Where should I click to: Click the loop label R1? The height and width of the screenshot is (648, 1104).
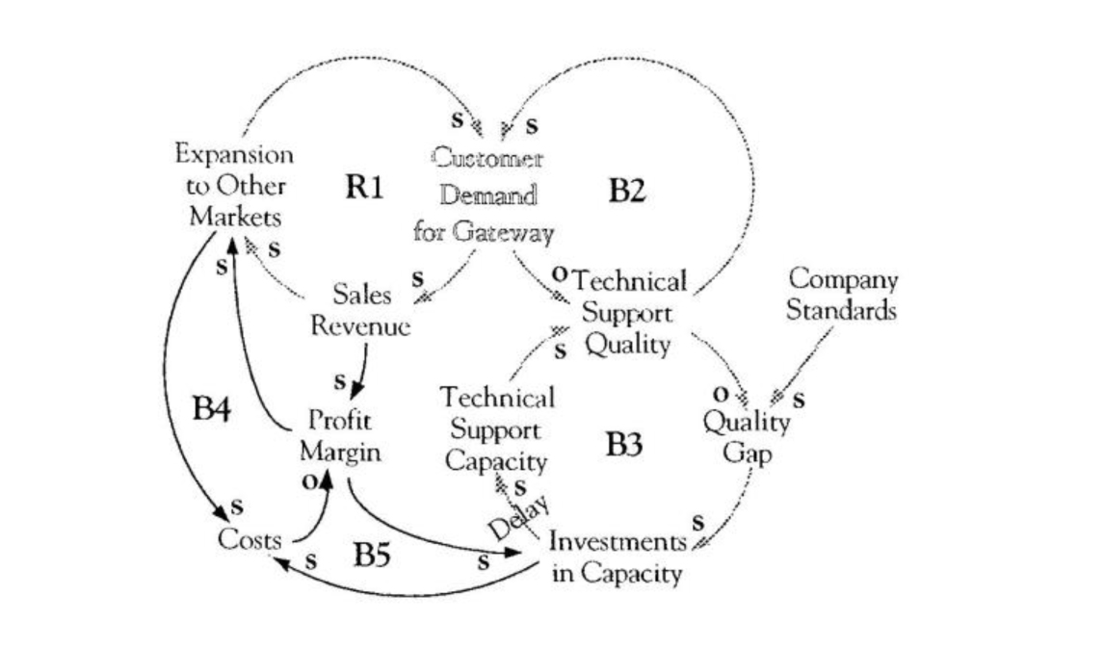tap(364, 188)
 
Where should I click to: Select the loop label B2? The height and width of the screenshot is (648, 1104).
tap(626, 192)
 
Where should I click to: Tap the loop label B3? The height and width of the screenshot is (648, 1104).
tap(625, 445)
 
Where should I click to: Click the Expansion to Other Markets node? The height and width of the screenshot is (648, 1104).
tap(235, 185)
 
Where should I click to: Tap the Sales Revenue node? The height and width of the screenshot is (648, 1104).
tap(360, 309)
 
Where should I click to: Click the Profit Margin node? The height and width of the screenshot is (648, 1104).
tap(339, 435)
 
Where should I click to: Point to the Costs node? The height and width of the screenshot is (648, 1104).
tap(250, 539)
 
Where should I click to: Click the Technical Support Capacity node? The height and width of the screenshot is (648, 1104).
tap(497, 428)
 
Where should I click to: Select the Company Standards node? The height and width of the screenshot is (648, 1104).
tap(842, 296)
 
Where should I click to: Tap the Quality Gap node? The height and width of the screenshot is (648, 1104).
tap(747, 436)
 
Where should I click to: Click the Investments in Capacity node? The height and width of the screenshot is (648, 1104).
tap(618, 557)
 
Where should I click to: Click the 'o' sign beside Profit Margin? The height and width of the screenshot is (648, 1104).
tap(308, 480)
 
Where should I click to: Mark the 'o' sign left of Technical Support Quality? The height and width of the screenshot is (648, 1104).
tap(559, 272)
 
